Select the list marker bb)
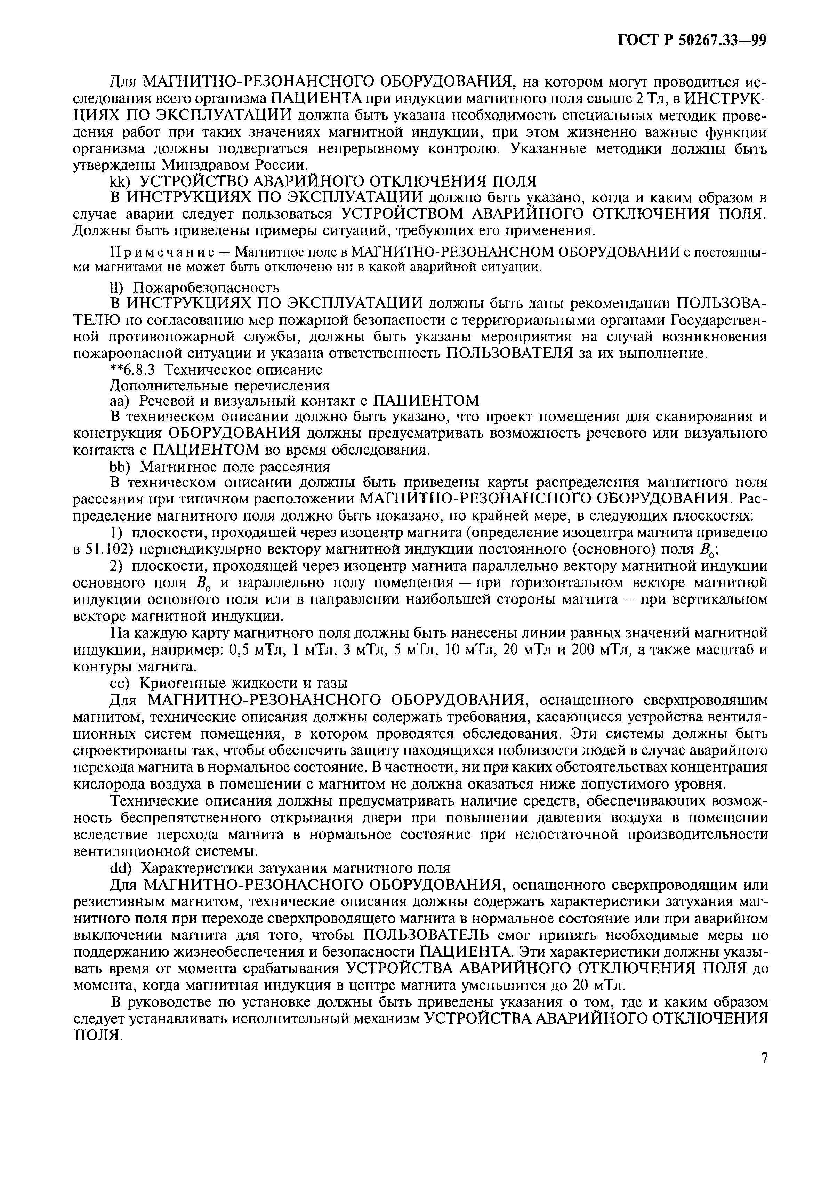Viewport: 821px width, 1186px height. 121,467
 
